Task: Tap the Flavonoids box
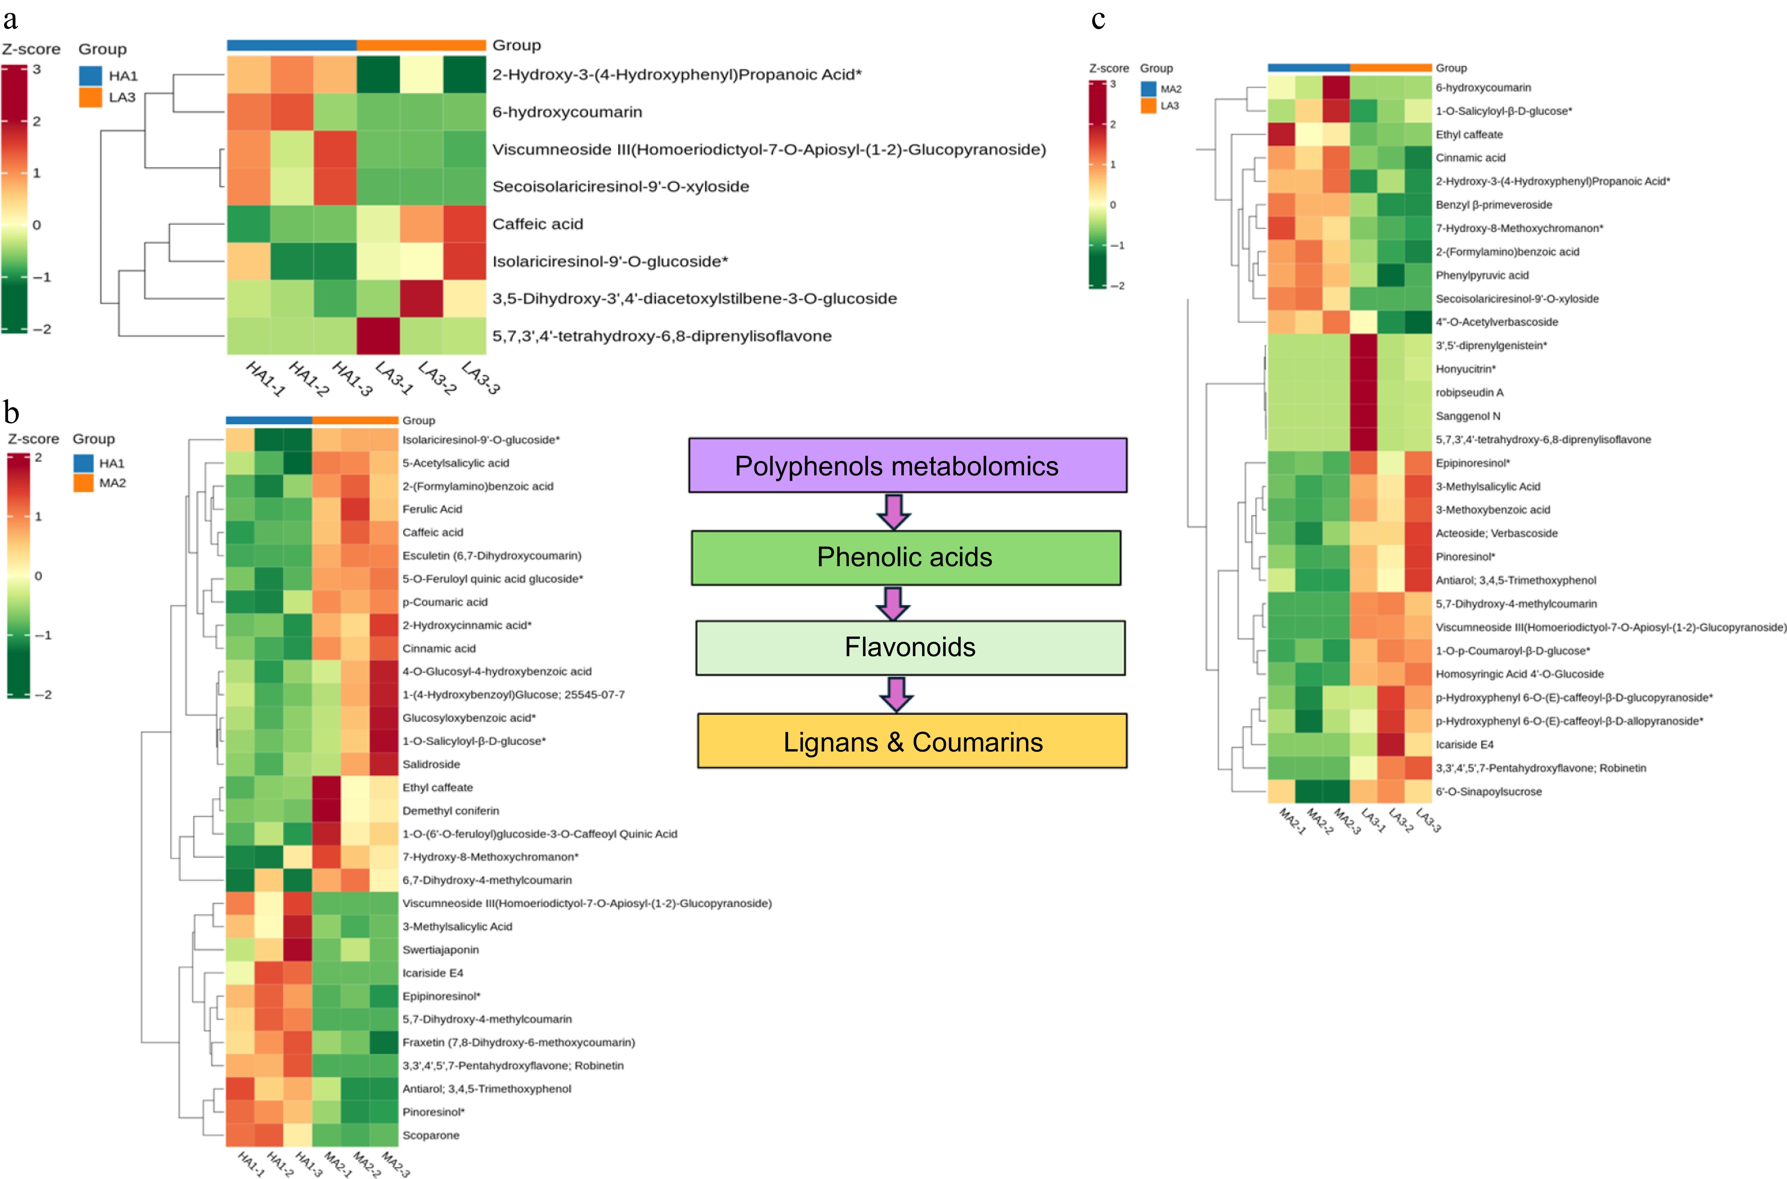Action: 909,648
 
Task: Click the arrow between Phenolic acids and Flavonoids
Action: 893,603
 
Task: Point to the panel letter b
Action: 11,412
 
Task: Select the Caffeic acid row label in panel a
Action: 537,224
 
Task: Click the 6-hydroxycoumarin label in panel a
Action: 567,112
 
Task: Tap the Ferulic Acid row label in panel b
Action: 432,509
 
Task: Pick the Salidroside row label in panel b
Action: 431,764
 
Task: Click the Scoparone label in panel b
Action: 431,1135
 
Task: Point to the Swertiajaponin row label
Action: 440,950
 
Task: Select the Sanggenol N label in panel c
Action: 1468,416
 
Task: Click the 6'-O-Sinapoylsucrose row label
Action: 1488,792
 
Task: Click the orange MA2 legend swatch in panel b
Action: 83,483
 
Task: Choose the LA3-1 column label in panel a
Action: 394,378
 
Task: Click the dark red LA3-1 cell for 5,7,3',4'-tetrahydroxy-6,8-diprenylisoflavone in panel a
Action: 378,336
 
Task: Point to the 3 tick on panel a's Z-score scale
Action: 36,69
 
